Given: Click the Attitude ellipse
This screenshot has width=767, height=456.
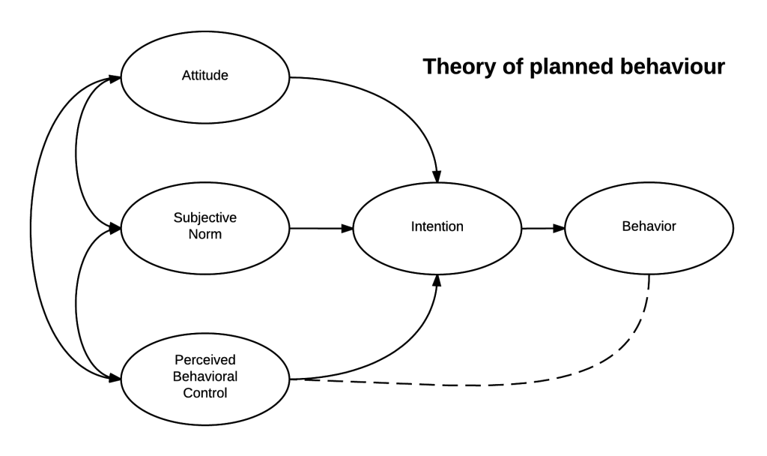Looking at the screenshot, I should [x=205, y=76].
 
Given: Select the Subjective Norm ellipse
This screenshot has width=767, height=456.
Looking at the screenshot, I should [x=205, y=226].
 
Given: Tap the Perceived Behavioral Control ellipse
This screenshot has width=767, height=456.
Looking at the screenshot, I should [x=205, y=379].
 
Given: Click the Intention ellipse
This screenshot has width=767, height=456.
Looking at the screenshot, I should [x=437, y=226].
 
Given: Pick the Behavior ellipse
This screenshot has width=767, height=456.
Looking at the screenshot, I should [x=649, y=226].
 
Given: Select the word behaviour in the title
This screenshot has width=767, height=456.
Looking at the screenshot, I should [x=677, y=67].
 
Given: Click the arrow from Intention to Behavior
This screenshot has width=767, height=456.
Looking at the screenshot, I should [x=543, y=227].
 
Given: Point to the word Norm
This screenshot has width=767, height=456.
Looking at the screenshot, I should [x=205, y=234].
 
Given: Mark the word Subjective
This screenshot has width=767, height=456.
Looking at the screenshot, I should [x=205, y=218].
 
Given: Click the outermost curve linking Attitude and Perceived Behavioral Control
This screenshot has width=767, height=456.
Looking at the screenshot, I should [x=31, y=227].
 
